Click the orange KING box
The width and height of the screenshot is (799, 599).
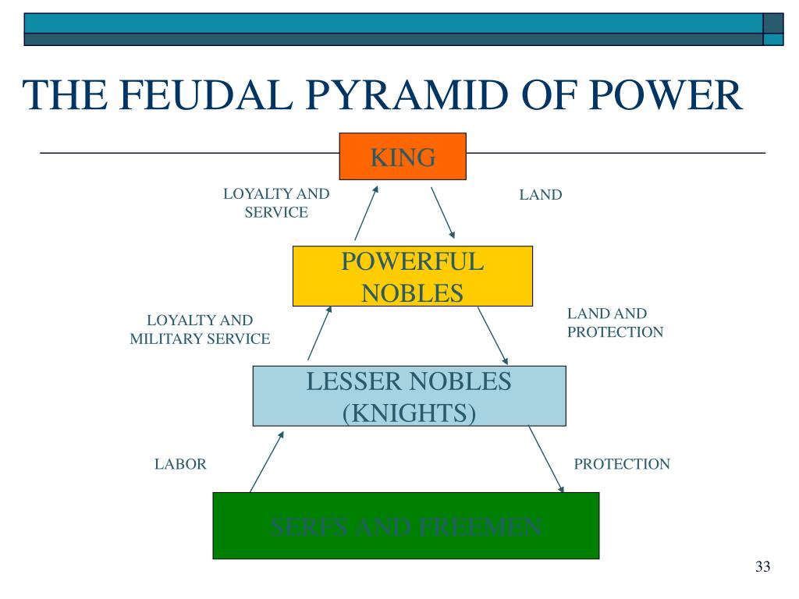(403, 157)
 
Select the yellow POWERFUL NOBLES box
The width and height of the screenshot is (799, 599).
(412, 276)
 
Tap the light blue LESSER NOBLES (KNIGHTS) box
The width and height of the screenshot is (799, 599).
(409, 395)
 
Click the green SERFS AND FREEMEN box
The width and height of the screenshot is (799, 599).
(406, 526)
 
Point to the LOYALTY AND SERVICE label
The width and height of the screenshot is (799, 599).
(276, 203)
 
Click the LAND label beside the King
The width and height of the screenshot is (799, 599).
(541, 195)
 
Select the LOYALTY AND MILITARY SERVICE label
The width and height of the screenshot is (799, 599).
(200, 330)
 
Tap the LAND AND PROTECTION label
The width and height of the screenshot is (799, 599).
(615, 323)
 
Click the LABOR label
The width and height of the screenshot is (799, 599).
(180, 465)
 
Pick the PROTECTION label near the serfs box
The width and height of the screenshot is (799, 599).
(622, 465)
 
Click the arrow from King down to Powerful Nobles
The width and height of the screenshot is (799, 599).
(442, 212)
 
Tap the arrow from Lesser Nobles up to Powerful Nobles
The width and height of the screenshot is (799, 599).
(320, 333)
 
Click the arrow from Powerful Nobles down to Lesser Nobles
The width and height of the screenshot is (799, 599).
(493, 335)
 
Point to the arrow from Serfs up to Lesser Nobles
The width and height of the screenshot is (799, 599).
(265, 460)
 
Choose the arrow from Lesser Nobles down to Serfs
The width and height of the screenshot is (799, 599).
(546, 459)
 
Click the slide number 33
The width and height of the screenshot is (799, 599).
(762, 566)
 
